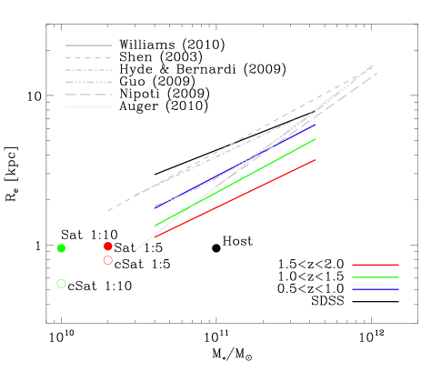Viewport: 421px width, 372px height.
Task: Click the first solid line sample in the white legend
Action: [88, 45]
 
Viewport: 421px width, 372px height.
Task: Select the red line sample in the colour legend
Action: [375, 265]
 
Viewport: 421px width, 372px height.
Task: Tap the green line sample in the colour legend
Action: [375, 277]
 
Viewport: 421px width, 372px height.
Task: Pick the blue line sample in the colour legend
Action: [375, 289]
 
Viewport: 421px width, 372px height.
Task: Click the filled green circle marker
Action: [61, 248]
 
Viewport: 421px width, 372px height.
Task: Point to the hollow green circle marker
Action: [61, 284]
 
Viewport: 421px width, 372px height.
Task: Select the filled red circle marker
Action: [108, 246]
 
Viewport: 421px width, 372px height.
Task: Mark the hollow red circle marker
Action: [108, 260]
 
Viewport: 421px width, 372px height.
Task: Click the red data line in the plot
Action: [235, 198]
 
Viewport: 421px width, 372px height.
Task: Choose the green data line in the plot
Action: [235, 182]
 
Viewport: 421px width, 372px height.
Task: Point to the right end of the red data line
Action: [315, 160]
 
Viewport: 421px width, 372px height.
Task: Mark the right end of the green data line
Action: [315, 140]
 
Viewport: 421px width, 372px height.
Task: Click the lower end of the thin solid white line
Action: [135, 249]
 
